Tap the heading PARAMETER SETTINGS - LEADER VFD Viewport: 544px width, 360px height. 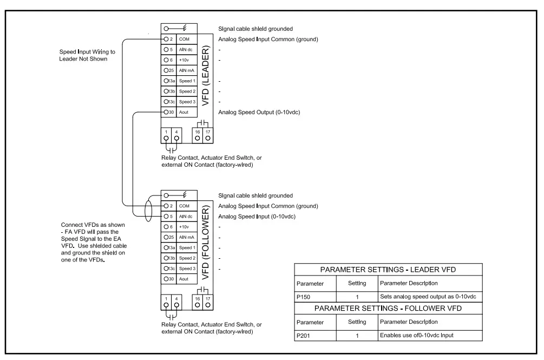click(388, 270)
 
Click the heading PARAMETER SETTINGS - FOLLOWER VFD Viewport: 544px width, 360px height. click(388, 309)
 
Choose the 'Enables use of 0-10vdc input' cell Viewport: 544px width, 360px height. click(429, 335)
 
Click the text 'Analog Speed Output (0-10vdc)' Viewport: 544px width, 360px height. click(259, 113)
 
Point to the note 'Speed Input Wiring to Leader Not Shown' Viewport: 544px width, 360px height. click(83, 55)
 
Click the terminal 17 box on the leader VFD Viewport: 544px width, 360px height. click(207, 135)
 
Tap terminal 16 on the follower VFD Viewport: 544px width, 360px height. click(198, 301)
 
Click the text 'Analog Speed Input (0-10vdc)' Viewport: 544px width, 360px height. click(257, 217)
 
